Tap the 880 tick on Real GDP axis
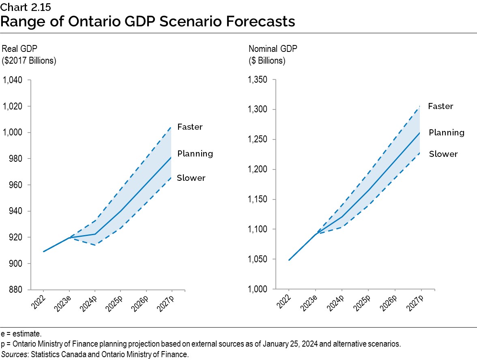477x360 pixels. tap(17, 290)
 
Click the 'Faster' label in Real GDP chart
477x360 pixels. tap(190, 127)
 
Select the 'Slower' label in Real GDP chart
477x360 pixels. tap(191, 178)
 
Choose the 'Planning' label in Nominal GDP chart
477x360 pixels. tap(447, 133)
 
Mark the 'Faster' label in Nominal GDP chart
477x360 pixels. tap(440, 106)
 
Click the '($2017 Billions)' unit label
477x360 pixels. tap(29, 61)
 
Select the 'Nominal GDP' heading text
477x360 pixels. tap(273, 49)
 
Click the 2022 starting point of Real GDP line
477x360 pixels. tap(43, 251)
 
